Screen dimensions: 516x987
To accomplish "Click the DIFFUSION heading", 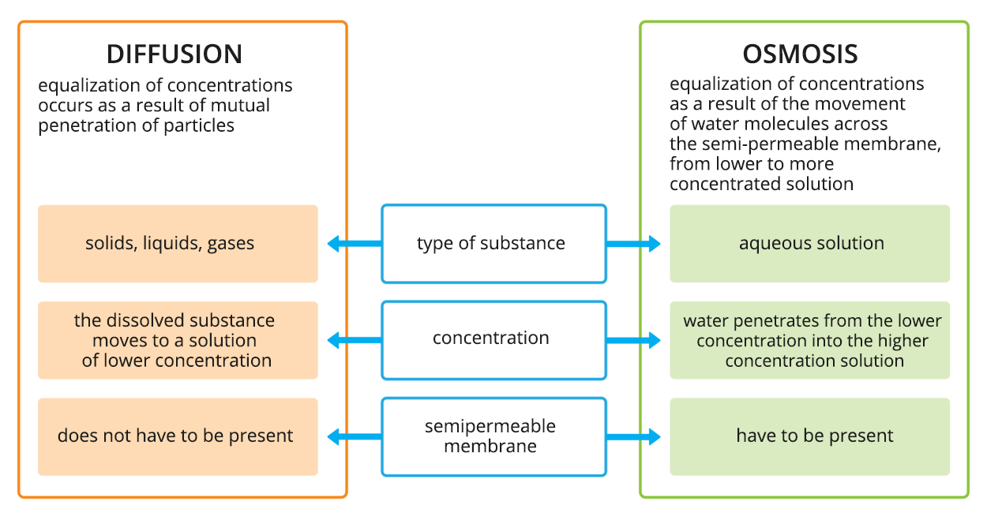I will click(175, 54).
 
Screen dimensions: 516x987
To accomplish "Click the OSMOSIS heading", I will click(800, 54).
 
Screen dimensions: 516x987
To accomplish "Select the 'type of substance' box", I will click(493, 244).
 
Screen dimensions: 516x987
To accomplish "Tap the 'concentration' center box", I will click(493, 339).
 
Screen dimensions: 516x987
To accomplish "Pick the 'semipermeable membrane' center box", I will click(493, 436).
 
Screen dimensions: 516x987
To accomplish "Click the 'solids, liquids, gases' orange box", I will click(178, 244).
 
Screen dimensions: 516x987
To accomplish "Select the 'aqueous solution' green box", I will click(809, 244).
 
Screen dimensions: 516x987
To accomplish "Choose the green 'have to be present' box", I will click(809, 436).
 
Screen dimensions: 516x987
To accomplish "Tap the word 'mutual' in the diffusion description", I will click(240, 106).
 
